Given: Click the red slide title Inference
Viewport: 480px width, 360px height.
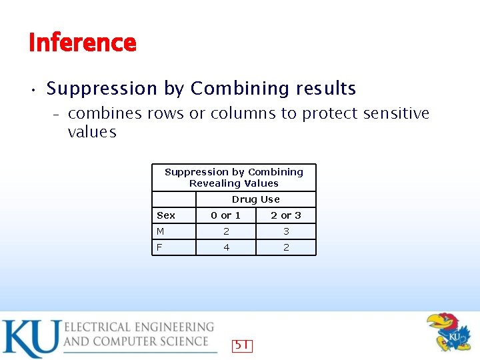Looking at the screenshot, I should [x=83, y=43].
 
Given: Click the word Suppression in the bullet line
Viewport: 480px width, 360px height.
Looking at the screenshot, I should [x=101, y=89].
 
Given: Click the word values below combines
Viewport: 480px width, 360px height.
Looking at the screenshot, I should [x=92, y=132].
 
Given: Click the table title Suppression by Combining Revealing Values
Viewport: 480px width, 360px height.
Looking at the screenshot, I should [x=234, y=177].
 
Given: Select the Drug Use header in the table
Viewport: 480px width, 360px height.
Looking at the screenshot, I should [x=255, y=199].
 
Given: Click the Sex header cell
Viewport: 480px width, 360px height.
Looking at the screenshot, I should [x=166, y=215].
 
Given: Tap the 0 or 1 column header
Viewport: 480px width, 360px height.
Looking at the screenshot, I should [x=225, y=215].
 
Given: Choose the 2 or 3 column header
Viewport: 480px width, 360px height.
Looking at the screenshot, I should [x=285, y=215].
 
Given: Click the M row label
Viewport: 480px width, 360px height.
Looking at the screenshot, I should [x=161, y=231].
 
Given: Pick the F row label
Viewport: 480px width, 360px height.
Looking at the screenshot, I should [x=159, y=247].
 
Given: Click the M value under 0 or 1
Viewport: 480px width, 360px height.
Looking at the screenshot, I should [x=226, y=231].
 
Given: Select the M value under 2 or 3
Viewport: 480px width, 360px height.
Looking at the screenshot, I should [x=286, y=231].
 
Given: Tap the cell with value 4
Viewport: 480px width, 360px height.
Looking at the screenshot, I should [x=226, y=247].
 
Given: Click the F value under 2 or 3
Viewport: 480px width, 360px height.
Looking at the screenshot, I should [x=286, y=247].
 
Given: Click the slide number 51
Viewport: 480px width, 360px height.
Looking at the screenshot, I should [x=241, y=345].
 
